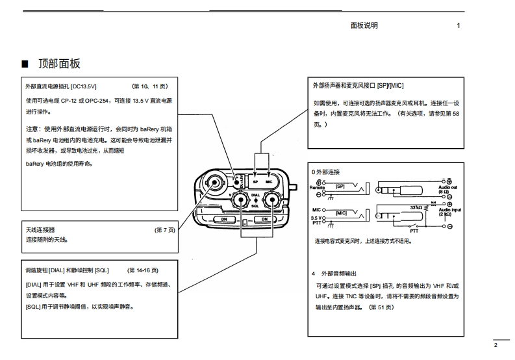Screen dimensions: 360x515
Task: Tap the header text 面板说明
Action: click(x=364, y=25)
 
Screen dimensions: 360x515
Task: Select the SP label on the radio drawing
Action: click(x=255, y=183)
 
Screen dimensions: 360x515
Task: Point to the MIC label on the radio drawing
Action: click(x=269, y=183)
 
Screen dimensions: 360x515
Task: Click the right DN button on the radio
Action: click(x=265, y=219)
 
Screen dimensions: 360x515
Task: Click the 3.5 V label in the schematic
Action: click(x=318, y=218)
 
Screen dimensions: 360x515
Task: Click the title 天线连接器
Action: click(x=40, y=230)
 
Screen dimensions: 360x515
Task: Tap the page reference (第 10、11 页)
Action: click(x=150, y=85)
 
